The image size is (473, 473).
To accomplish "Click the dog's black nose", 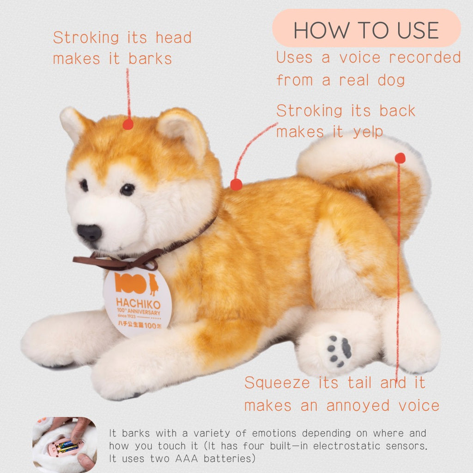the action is (89, 233).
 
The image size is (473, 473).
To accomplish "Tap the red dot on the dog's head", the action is (128, 124).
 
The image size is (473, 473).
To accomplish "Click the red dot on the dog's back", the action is (236, 184).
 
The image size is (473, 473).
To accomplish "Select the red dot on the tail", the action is (400, 158).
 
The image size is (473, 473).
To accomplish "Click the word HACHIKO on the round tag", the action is (138, 303).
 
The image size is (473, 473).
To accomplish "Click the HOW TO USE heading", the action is (366, 30).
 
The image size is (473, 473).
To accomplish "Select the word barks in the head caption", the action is (150, 59).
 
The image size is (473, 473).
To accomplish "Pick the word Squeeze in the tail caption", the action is (277, 382).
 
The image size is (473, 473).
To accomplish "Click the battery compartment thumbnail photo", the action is (65, 444).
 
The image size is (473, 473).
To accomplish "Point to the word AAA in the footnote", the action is (186, 459).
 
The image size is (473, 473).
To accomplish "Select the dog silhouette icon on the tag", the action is (153, 284).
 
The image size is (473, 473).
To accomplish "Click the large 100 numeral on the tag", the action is (130, 283).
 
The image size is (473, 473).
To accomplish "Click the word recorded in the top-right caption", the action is (425, 57).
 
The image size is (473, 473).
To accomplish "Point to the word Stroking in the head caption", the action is (86, 38).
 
